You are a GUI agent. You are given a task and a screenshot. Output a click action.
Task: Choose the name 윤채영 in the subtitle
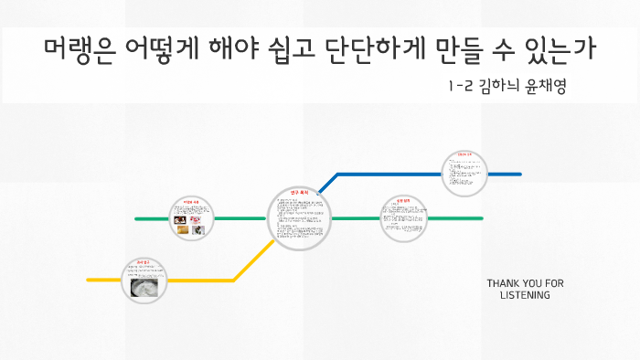(549, 88)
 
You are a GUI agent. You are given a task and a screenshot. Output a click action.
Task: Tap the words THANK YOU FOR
(525, 283)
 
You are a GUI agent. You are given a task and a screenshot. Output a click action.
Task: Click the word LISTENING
(525, 295)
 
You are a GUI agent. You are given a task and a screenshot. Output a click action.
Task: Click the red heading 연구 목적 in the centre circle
(299, 194)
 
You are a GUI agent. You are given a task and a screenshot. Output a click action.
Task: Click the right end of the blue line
(518, 174)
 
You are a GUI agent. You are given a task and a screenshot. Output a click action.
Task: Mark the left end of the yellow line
(90, 279)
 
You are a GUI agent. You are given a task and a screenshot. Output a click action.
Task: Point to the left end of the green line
(137, 219)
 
